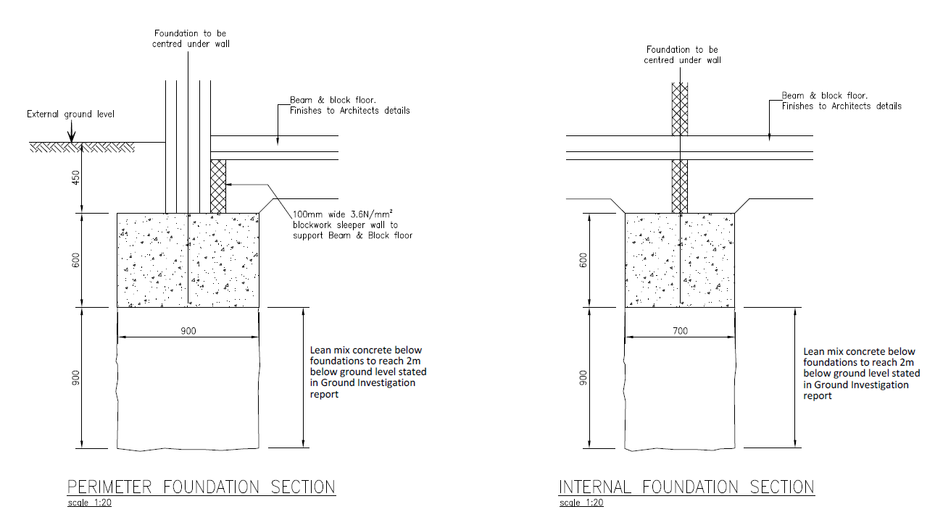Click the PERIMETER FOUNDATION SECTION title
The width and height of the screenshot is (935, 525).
click(x=201, y=487)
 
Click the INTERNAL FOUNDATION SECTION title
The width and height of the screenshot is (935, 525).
click(x=686, y=487)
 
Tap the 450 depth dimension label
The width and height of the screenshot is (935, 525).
click(x=75, y=178)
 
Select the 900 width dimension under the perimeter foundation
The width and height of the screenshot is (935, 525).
click(x=188, y=331)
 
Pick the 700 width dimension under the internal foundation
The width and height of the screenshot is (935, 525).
click(x=680, y=331)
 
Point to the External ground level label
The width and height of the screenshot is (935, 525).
click(x=70, y=114)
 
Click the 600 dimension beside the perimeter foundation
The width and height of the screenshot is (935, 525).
click(x=75, y=261)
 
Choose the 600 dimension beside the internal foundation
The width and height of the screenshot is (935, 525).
click(x=583, y=261)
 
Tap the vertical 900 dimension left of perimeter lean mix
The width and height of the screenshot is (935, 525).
click(x=75, y=378)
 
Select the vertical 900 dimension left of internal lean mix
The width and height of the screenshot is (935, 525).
click(x=583, y=378)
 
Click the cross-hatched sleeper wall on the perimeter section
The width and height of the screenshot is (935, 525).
click(x=218, y=186)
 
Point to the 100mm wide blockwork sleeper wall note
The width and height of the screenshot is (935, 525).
click(x=352, y=225)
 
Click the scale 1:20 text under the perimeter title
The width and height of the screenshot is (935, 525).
click(x=90, y=503)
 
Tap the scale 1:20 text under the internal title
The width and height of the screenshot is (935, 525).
click(x=581, y=503)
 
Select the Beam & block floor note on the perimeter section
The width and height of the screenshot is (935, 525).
click(x=350, y=106)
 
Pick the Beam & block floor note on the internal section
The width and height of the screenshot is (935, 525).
click(x=841, y=101)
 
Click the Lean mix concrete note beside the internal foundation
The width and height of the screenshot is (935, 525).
click(x=862, y=374)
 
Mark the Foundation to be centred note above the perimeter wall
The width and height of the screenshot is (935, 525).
click(x=191, y=39)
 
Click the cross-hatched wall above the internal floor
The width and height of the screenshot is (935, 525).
click(x=680, y=109)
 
